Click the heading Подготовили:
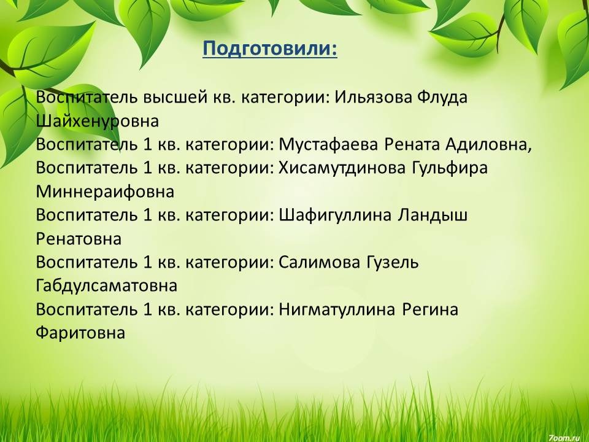point(270,49)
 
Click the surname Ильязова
point(374,98)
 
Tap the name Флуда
point(442,98)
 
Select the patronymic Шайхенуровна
point(98,121)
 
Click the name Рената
point(412,145)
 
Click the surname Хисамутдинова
point(342,168)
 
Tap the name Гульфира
point(450,168)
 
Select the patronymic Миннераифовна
point(105,192)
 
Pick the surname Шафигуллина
point(335,215)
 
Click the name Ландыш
point(433,215)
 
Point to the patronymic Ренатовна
point(79,239)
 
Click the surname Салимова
point(319,262)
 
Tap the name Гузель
point(392,262)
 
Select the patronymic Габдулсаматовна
point(107,285)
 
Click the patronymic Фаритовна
point(80,333)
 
